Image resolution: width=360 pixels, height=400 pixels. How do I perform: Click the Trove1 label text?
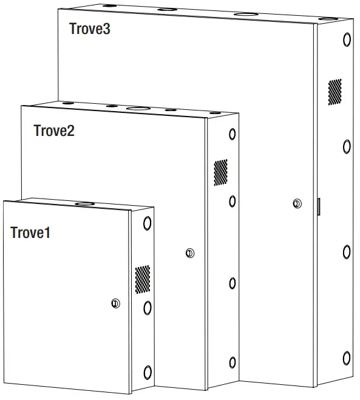pyautogui.click(x=30, y=232)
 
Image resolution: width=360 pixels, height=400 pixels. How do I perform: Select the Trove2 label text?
pyautogui.click(x=54, y=131)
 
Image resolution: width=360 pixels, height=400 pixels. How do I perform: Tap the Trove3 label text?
pyautogui.click(x=90, y=29)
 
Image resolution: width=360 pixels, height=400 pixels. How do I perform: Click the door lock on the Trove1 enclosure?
pyautogui.click(x=115, y=303)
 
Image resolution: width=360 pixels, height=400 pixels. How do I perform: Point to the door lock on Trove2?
pyautogui.click(x=189, y=253)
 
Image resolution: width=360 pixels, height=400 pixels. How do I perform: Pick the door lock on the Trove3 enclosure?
pyautogui.click(x=296, y=203)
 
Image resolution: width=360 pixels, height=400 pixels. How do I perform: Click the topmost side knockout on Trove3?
pyautogui.click(x=347, y=40)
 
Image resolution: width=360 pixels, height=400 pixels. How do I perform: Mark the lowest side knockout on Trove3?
pyautogui.click(x=347, y=358)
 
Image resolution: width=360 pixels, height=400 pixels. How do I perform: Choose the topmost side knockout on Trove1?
pyautogui.click(x=147, y=223)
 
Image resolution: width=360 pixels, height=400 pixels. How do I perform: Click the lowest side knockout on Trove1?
pyautogui.click(x=147, y=371)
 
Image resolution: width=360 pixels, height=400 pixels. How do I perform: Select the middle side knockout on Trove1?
pyautogui.click(x=147, y=308)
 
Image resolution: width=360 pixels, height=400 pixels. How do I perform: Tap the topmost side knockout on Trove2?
pyautogui.click(x=232, y=134)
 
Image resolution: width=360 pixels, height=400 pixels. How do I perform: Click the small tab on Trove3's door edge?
pyautogui.click(x=319, y=206)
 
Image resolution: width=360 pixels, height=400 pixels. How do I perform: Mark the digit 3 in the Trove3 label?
pyautogui.click(x=106, y=29)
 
